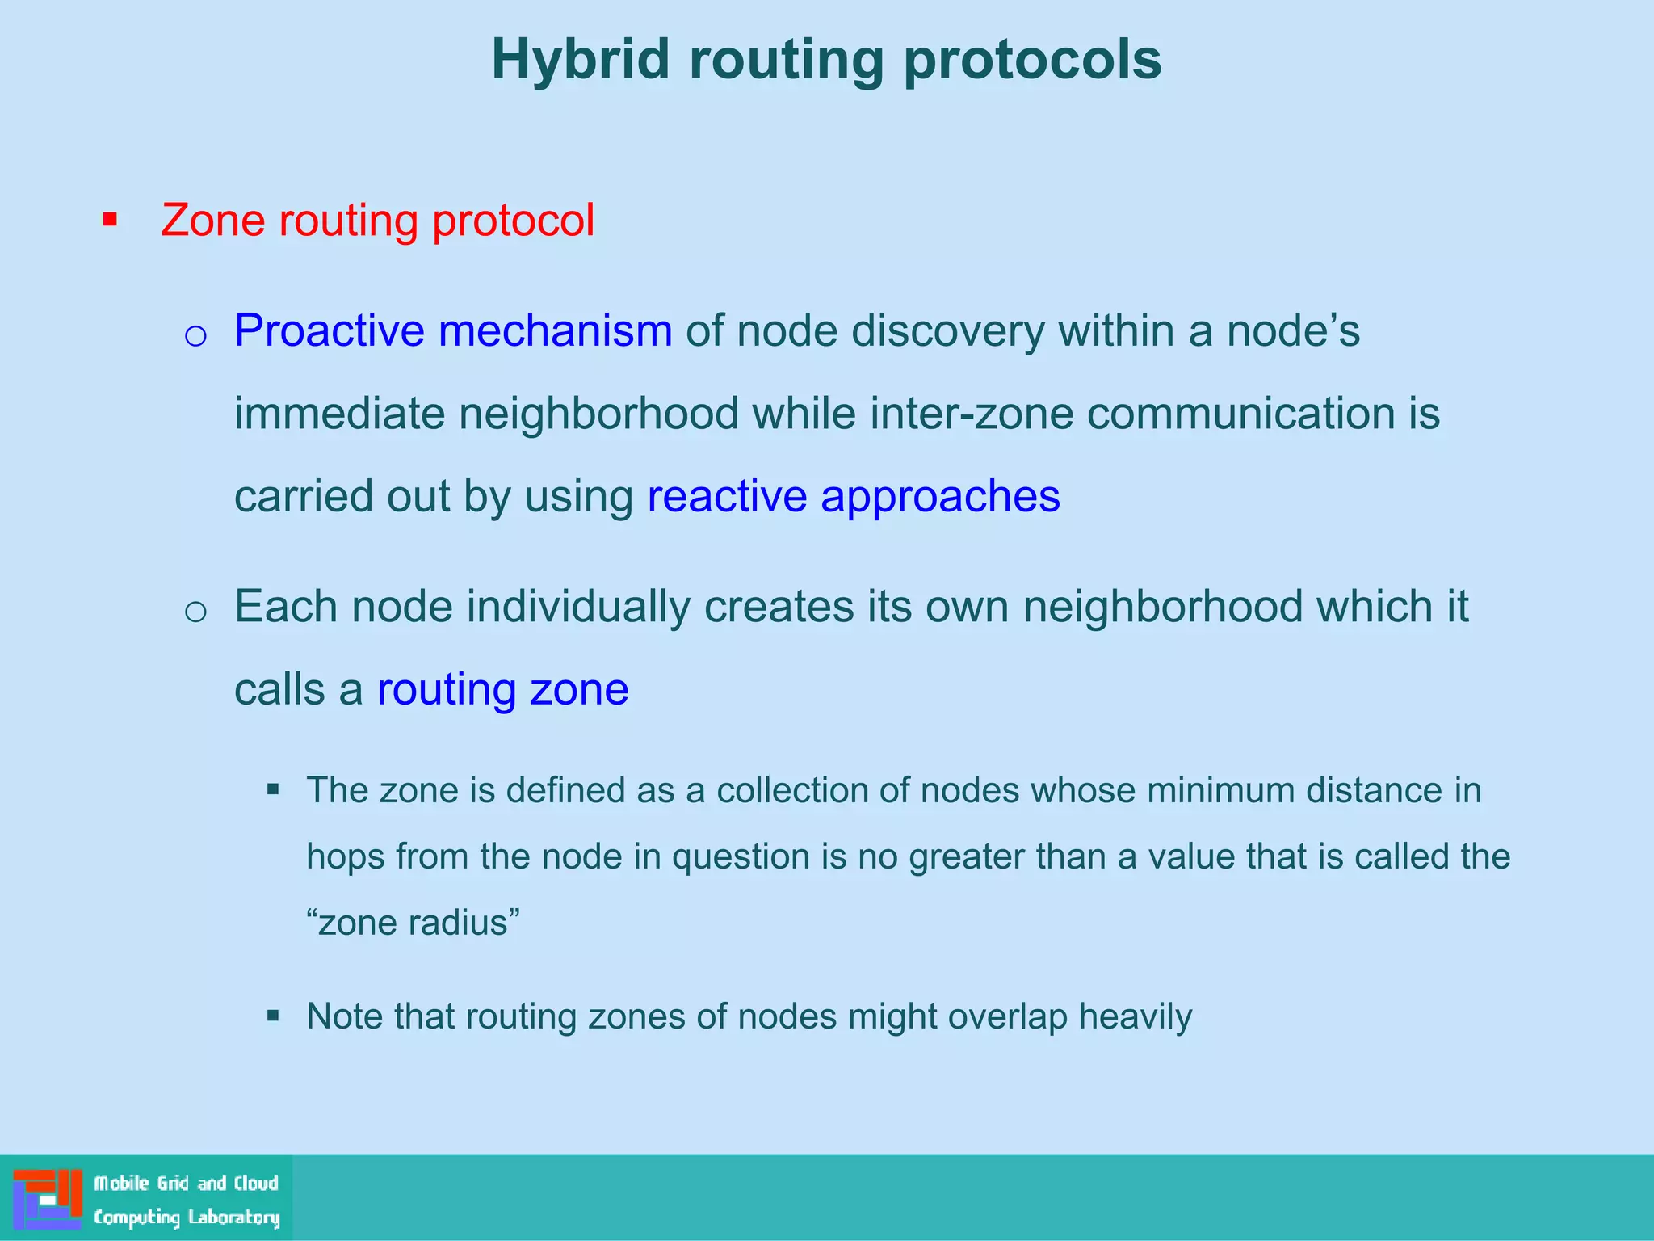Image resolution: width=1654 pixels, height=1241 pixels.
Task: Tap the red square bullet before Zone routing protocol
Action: [111, 220]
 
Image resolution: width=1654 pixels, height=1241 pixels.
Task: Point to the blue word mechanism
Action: [555, 330]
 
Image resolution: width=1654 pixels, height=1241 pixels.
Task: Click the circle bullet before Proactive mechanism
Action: [195, 334]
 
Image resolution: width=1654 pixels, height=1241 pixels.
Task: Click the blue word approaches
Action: [940, 497]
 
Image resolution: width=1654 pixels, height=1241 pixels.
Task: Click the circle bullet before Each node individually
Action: [195, 611]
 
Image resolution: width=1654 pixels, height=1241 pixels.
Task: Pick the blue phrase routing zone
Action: [502, 690]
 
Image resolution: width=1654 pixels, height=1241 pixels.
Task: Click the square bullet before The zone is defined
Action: [273, 789]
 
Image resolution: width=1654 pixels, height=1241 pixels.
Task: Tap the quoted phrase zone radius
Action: [413, 923]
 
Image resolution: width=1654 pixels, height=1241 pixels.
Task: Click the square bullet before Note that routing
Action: [273, 1016]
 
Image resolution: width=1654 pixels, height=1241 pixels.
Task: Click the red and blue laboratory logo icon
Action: [48, 1199]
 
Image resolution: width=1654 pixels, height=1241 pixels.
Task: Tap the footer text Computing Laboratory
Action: [187, 1217]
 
